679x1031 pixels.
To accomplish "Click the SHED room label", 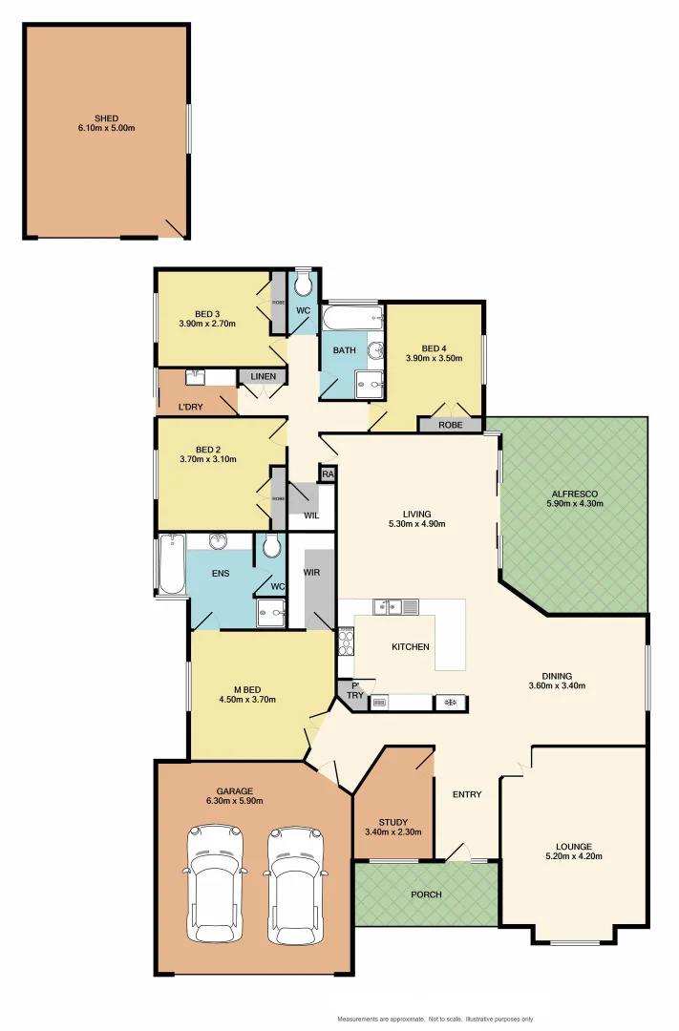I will (x=106, y=118).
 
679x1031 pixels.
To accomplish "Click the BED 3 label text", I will (x=207, y=314).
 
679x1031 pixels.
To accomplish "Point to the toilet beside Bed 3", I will (x=303, y=284).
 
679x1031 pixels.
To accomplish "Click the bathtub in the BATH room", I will (x=352, y=316).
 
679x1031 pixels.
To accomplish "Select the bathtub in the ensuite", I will (x=172, y=564).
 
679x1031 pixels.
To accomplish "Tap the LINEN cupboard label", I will (x=263, y=377).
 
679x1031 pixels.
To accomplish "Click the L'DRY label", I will (x=191, y=408).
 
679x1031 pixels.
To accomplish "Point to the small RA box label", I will (x=328, y=473).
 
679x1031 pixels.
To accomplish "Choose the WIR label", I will (x=311, y=573).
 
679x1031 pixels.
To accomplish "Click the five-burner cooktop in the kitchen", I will (x=345, y=641).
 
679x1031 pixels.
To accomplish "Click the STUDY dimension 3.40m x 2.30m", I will (x=393, y=831).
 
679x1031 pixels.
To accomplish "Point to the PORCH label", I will (x=426, y=894).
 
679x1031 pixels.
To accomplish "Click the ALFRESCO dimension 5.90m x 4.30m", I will (x=575, y=504).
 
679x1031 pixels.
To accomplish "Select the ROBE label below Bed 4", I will (x=449, y=425).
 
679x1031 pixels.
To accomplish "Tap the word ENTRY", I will (x=467, y=794).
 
